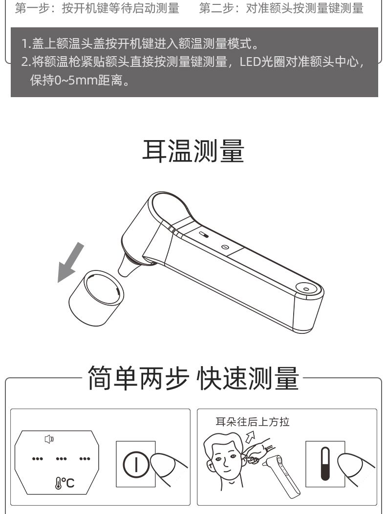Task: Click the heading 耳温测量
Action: click(193, 151)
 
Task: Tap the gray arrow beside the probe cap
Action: click(70, 263)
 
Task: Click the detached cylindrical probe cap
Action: click(96, 298)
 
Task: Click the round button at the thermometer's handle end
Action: click(306, 289)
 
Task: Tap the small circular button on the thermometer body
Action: click(225, 247)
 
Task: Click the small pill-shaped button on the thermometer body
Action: click(203, 235)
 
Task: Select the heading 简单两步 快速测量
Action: click(193, 378)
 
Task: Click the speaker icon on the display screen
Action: click(49, 439)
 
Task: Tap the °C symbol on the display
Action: click(65, 483)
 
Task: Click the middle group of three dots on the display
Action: click(61, 459)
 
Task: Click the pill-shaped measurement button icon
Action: click(325, 464)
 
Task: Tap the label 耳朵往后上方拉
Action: click(253, 422)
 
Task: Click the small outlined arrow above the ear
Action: click(250, 437)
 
